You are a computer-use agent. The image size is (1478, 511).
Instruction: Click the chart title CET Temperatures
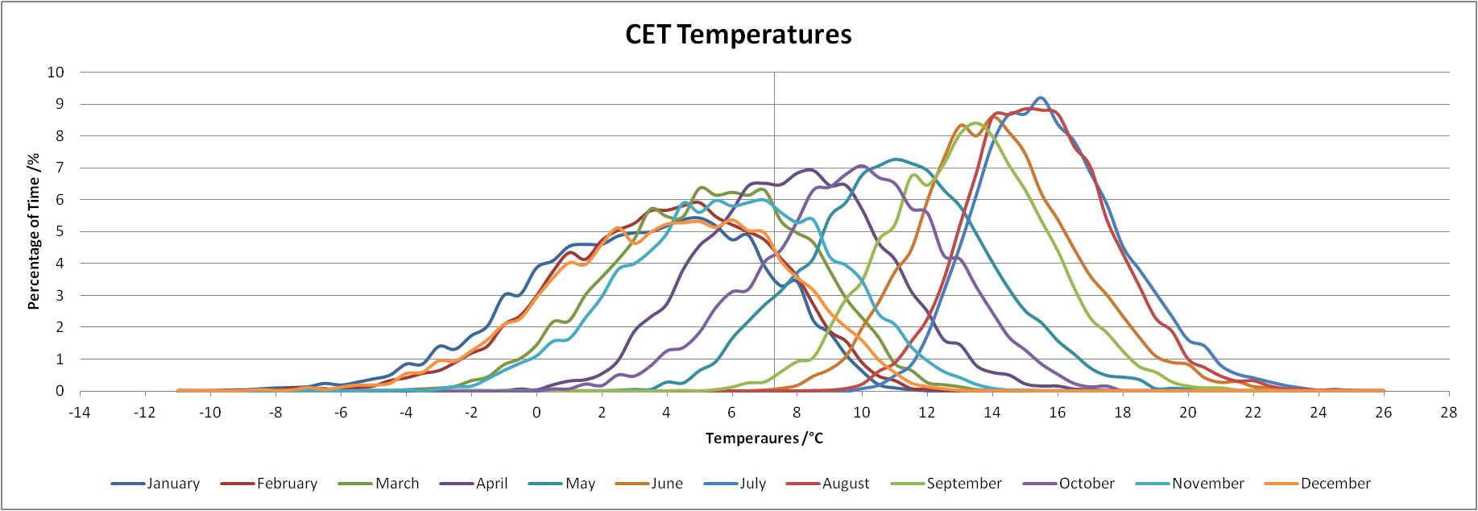pyautogui.click(x=739, y=35)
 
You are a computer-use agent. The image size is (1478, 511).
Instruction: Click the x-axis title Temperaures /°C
pyautogui.click(x=764, y=438)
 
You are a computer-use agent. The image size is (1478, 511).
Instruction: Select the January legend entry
pyautogui.click(x=155, y=484)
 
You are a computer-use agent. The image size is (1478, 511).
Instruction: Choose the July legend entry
pyautogui.click(x=735, y=484)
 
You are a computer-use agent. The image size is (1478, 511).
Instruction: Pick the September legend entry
pyautogui.click(x=946, y=484)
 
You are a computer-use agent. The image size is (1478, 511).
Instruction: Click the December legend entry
pyautogui.click(x=1318, y=484)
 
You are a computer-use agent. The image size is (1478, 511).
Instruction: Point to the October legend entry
pyautogui.click(x=1069, y=484)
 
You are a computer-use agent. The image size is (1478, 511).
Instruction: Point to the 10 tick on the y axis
pyautogui.click(x=56, y=73)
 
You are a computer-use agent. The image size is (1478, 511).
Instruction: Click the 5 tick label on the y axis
pyautogui.click(x=60, y=232)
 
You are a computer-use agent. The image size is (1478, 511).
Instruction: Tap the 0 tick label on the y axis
pyautogui.click(x=60, y=392)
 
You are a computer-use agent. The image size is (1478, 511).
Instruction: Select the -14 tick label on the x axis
pyautogui.click(x=80, y=413)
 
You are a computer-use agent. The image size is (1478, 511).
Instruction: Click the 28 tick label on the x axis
pyautogui.click(x=1449, y=413)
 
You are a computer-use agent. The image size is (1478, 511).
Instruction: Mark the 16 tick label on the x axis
pyautogui.click(x=1058, y=413)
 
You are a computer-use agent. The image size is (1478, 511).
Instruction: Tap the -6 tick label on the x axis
pyautogui.click(x=341, y=413)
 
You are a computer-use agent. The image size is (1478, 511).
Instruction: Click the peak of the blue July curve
pyautogui.click(x=1041, y=98)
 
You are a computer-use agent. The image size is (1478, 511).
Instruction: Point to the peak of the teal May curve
pyautogui.click(x=896, y=159)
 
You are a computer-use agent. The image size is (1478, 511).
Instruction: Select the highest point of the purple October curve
pyautogui.click(x=862, y=165)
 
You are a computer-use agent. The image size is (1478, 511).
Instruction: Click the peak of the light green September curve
pyautogui.click(x=975, y=123)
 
